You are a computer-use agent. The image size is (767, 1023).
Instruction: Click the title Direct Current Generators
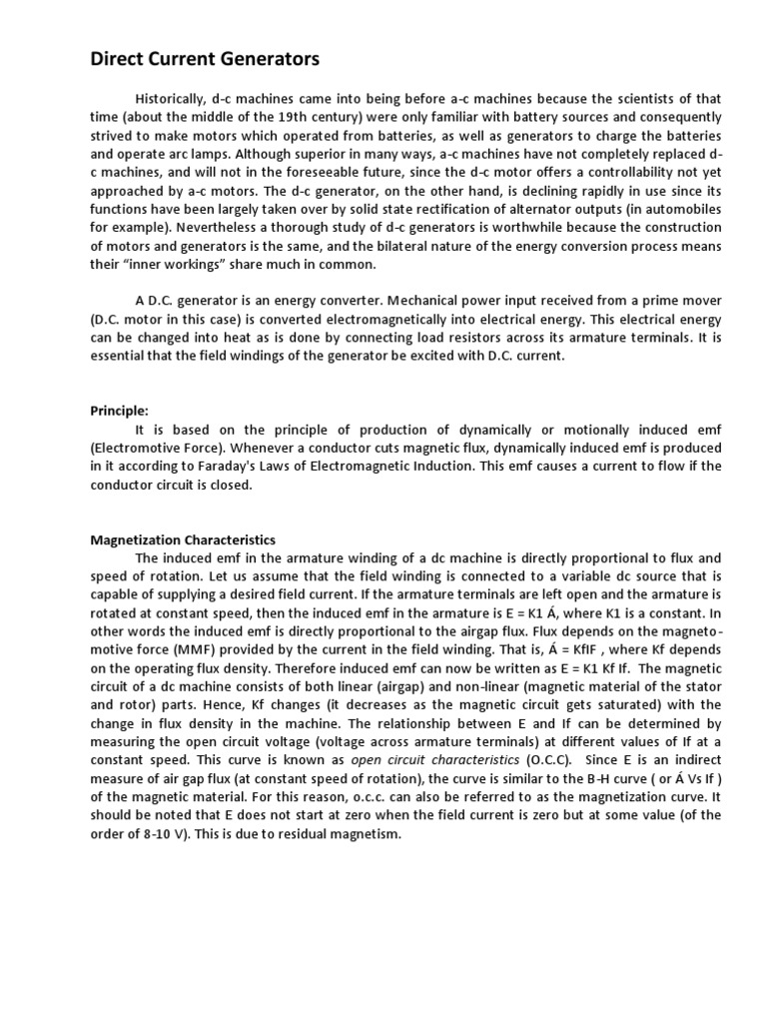click(x=205, y=60)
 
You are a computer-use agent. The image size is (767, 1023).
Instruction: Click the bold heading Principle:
click(x=119, y=411)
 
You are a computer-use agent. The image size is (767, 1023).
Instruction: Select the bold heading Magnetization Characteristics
click(x=183, y=539)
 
